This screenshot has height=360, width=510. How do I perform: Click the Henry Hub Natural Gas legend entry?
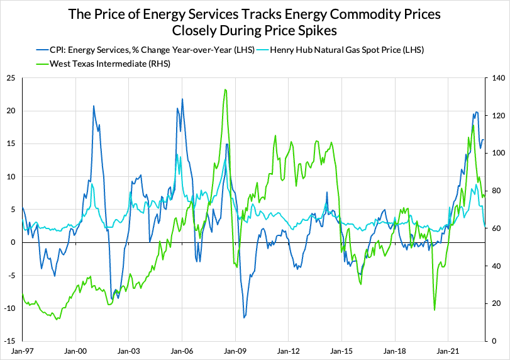click(346, 50)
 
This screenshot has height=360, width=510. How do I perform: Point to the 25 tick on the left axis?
click(11, 78)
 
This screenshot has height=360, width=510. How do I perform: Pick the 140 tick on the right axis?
click(491, 78)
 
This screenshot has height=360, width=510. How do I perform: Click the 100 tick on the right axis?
click(491, 153)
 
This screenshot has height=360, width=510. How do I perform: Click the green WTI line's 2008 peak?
click(225, 89)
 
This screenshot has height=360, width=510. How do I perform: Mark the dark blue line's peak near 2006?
click(182, 99)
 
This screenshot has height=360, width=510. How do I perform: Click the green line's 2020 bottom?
click(435, 310)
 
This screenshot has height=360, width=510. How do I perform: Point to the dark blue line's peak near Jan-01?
click(94, 106)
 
